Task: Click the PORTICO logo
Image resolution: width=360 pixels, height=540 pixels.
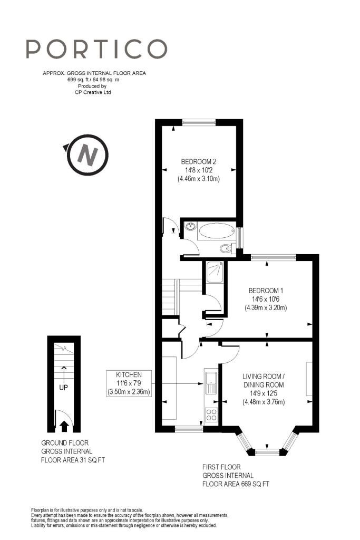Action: point(96,49)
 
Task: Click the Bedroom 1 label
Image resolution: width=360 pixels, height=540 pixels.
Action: point(266,300)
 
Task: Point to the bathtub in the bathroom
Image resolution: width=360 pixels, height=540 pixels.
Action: point(217,231)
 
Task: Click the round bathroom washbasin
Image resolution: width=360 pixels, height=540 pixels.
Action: point(190,227)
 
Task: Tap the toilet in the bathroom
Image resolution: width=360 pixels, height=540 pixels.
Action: point(228,248)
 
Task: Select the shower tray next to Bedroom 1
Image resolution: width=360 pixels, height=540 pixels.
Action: point(215,272)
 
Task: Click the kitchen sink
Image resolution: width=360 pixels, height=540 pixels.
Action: point(210,382)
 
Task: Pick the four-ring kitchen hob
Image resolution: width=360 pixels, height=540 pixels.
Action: point(211,415)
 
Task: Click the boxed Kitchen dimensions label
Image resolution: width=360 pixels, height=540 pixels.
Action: point(129,383)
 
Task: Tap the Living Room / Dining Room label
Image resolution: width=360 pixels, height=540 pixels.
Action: point(264,389)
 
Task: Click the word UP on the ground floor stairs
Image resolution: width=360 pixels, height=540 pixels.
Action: point(63,388)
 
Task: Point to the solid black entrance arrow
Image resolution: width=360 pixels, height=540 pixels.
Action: point(64,426)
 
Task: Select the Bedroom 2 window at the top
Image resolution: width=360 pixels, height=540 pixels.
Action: point(199,122)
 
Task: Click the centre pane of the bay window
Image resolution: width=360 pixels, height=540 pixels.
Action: point(267,452)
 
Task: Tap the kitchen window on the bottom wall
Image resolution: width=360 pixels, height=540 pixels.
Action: point(189,429)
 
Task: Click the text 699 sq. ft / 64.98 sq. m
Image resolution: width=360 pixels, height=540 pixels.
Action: point(94,80)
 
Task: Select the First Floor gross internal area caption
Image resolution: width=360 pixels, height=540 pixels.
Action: point(236,476)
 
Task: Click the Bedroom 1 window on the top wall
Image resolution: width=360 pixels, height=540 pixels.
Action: point(274,257)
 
